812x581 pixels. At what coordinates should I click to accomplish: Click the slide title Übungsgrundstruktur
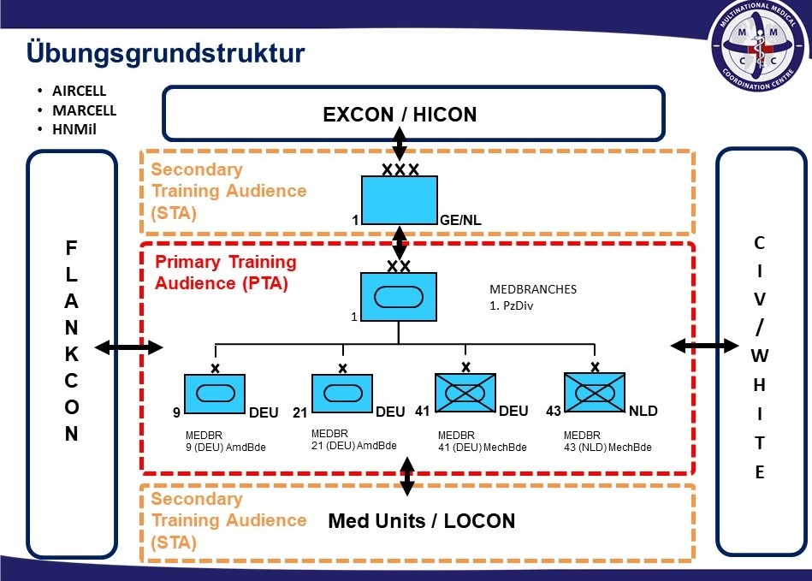coord(166,53)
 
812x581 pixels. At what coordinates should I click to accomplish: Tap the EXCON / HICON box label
coord(400,115)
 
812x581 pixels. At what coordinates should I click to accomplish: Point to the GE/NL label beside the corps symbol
coord(460,221)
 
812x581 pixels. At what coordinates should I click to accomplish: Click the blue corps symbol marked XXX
coord(399,200)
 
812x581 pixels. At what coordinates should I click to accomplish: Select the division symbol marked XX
coord(399,296)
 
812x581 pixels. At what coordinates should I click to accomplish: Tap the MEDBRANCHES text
coord(533,289)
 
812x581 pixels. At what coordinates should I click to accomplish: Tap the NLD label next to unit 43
coord(643,412)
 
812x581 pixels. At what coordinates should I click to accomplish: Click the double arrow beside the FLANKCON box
coord(128,347)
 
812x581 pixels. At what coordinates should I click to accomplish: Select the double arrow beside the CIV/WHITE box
coord(704,346)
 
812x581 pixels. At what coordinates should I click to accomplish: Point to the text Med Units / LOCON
coord(422,521)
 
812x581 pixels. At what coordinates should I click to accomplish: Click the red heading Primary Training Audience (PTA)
coord(225,272)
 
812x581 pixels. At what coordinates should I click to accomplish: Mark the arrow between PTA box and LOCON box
coord(407,476)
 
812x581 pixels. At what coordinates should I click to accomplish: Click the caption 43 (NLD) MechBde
coord(608,447)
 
